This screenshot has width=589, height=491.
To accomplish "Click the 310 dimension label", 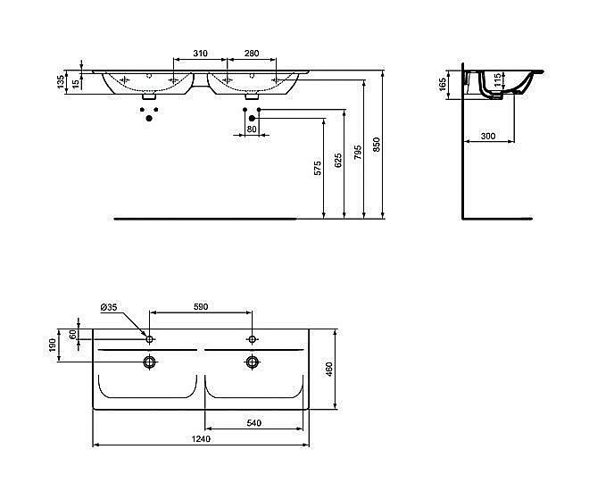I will pyautogui.click(x=202, y=54).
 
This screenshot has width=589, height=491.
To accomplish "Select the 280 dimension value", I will pyautogui.click(x=253, y=54).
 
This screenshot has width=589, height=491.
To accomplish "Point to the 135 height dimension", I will pyautogui.click(x=61, y=82).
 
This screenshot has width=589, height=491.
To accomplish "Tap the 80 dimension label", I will pyautogui.click(x=252, y=129).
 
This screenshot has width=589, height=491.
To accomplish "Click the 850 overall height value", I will pyautogui.click(x=377, y=144).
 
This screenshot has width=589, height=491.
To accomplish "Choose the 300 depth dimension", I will pyautogui.click(x=487, y=136).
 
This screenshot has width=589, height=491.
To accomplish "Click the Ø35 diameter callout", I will pyautogui.click(x=109, y=308).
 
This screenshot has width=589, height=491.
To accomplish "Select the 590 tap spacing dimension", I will pyautogui.click(x=201, y=307).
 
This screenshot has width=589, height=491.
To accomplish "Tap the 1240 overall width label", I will pyautogui.click(x=202, y=439).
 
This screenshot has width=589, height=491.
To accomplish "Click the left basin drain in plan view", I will pyautogui.click(x=151, y=362).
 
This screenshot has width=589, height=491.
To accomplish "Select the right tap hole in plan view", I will pyautogui.click(x=253, y=338).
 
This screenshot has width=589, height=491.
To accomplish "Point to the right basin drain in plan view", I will pyautogui.click(x=253, y=362).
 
